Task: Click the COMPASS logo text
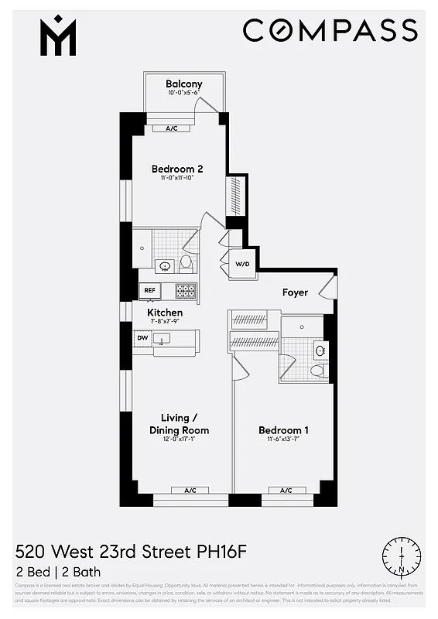(x=330, y=31)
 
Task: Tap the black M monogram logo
(x=58, y=36)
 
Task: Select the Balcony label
(x=184, y=84)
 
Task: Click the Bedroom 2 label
(x=177, y=169)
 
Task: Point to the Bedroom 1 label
(x=283, y=430)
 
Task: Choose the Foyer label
(x=295, y=292)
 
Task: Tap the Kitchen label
(x=165, y=313)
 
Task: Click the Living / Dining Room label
(x=179, y=425)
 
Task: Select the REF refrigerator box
(x=149, y=292)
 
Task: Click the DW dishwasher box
(x=142, y=338)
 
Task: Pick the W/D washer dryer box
(x=243, y=265)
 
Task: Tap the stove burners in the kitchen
(x=186, y=292)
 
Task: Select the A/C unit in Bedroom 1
(x=286, y=490)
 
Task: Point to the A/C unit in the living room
(x=190, y=490)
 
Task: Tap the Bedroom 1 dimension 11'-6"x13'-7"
(x=283, y=442)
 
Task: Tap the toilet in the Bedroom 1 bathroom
(x=317, y=371)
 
